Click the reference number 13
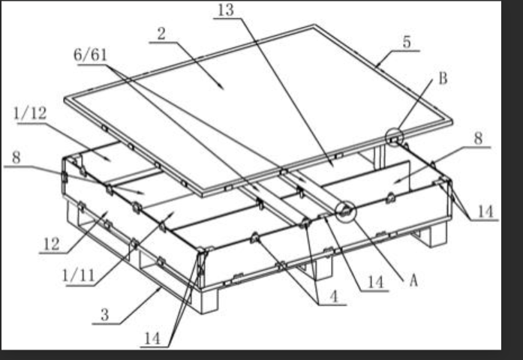pos(226,10)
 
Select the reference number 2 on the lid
pos(161,34)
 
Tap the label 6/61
pos(90,55)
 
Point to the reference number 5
pos(407,42)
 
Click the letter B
pos(443,79)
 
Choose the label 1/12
pos(30,114)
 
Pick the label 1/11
pos(78,276)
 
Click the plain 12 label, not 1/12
pos(52,244)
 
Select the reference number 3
pos(105,315)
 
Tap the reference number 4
pos(334,296)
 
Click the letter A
pos(413,280)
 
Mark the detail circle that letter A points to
pos(346,211)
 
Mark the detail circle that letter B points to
pos(394,137)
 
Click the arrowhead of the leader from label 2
pos(222,87)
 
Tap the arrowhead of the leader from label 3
pos(159,289)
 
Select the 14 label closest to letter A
pos(375,282)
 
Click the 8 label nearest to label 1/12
pos(16,157)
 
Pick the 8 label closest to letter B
pos(478,138)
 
